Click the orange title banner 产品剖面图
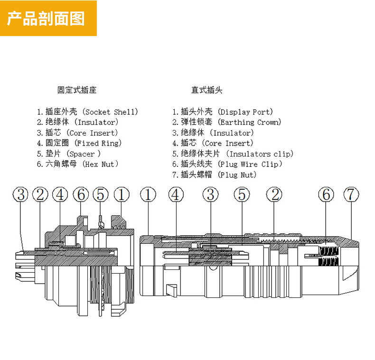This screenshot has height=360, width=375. tap(47, 18)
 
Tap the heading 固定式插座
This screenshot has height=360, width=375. tap(76, 90)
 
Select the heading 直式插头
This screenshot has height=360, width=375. tap(206, 90)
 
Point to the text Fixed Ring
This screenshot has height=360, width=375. tap(99, 143)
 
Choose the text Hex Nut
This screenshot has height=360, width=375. tap(101, 164)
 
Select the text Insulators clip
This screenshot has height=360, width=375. tap(261, 154)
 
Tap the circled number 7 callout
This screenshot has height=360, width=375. tap(351, 194)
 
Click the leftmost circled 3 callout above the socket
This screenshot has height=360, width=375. tap(21, 194)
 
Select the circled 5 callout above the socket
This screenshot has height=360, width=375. tap(101, 194)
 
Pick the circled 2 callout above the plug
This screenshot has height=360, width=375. tap(274, 194)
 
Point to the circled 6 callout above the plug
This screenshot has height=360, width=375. tap(326, 194)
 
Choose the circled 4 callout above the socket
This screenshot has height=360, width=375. tap(60, 194)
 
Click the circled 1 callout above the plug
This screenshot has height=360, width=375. tap(148, 194)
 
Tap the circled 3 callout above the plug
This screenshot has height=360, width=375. tap(211, 194)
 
